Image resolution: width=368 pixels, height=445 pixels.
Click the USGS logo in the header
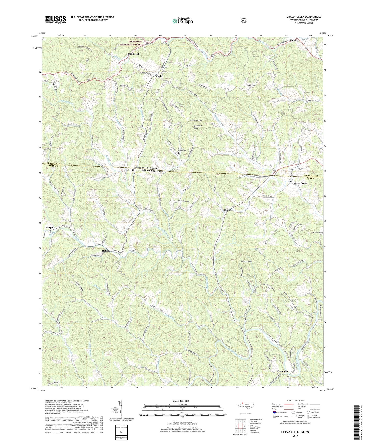[x=56, y=20]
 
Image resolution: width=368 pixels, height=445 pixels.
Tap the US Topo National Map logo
[x=182, y=21]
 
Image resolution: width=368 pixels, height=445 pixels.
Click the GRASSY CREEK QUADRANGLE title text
[x=304, y=17]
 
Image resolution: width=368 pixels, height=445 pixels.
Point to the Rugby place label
[x=159, y=76]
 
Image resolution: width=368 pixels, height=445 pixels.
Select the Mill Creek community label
[x=134, y=54]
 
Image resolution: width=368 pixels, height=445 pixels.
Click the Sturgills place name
[x=50, y=227]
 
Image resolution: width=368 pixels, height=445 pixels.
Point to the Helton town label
[x=106, y=251]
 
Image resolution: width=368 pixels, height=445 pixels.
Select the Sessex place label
[x=228, y=210]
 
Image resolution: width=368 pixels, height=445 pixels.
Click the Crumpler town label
[x=282, y=371]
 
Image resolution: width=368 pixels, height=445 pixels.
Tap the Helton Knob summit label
[x=246, y=261]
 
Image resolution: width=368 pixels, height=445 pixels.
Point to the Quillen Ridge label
[x=196, y=120]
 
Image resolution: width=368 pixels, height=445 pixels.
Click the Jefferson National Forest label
[x=135, y=43]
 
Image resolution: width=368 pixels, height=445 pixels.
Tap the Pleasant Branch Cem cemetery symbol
[x=178, y=153]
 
